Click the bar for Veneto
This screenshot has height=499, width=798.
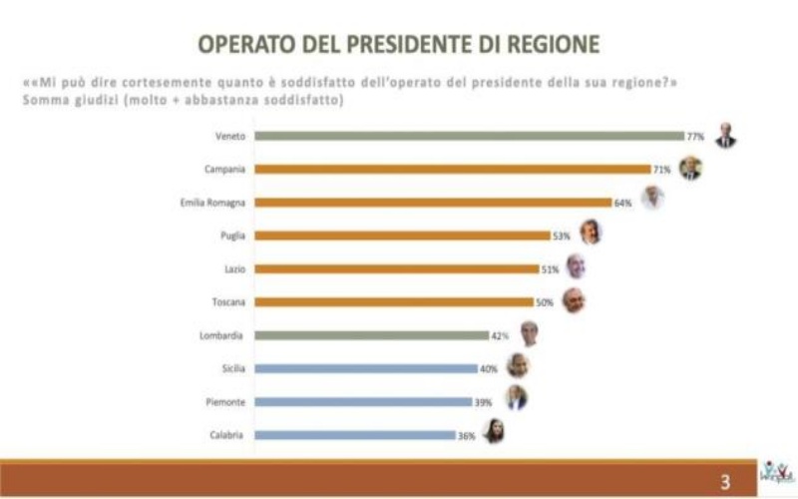point(469,136)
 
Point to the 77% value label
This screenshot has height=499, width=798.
point(694,136)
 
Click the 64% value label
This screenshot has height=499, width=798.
point(623,203)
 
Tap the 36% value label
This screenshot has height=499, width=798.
point(466,434)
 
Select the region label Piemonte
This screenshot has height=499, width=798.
point(226,401)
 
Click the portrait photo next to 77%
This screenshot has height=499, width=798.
point(725,135)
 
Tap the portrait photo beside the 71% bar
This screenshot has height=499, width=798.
point(690,168)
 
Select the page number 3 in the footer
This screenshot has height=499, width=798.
point(725,481)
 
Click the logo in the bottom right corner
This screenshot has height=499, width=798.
point(776,475)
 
